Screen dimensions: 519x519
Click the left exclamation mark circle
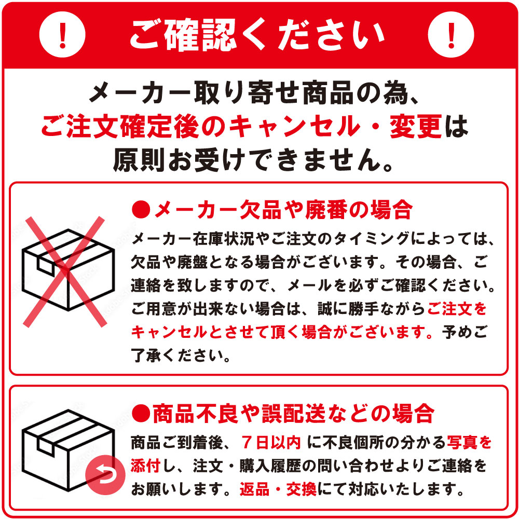pyautogui.click(x=62, y=34)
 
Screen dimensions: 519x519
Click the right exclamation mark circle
pyautogui.click(x=451, y=34)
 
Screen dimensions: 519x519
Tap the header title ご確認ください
pyautogui.click(x=257, y=35)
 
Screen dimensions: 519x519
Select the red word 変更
pyautogui.click(x=415, y=126)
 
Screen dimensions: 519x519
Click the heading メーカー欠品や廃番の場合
pyautogui.click(x=283, y=210)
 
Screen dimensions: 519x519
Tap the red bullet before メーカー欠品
pyautogui.click(x=141, y=209)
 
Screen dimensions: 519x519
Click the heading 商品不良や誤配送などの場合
pyautogui.click(x=293, y=414)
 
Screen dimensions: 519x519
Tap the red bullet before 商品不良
pyautogui.click(x=141, y=413)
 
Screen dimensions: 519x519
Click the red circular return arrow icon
pyautogui.click(x=105, y=475)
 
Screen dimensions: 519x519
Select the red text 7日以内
pyautogui.click(x=271, y=443)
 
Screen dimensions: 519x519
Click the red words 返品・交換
pyautogui.click(x=278, y=489)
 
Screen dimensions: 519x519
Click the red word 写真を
pyautogui.click(x=470, y=443)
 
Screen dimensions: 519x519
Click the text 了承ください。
pyautogui.click(x=181, y=356)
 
